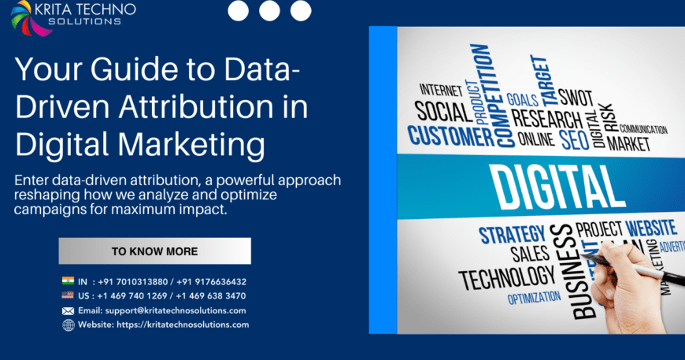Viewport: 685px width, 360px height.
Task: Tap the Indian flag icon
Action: coord(68,281)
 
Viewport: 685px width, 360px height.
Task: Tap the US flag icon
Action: coord(68,296)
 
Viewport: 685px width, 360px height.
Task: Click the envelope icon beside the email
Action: coord(68,310)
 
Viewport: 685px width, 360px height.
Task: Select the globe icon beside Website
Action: coord(68,325)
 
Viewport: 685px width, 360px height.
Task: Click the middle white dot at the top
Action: coord(269,10)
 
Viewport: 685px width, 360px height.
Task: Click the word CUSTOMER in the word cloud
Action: coord(450,135)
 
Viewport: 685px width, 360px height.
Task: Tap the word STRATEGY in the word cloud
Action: coord(512,235)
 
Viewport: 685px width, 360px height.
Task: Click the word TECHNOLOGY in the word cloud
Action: coord(506,277)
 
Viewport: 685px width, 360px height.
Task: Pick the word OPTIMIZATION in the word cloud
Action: coord(534,299)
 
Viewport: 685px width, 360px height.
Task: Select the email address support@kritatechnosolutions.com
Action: coord(169,310)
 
